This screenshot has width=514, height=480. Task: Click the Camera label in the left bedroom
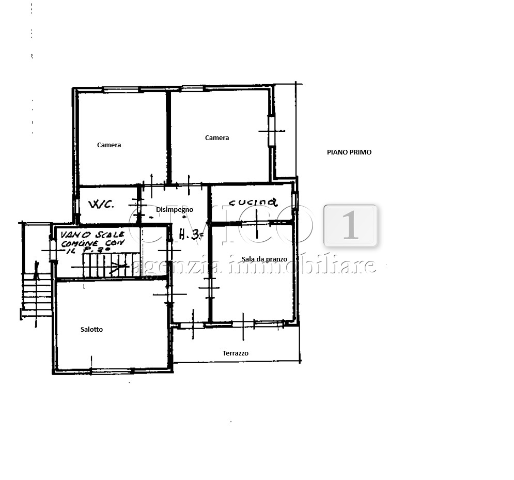coord(109,145)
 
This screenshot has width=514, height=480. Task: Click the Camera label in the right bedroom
coord(217,138)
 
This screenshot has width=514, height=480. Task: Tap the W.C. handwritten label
coord(101,205)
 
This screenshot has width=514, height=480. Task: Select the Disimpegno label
coord(175,210)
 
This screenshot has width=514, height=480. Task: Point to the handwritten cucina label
coord(253,202)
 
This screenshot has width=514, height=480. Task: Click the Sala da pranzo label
coord(264,259)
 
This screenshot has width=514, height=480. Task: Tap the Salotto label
coord(91,330)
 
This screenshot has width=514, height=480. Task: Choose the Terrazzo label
coord(236,353)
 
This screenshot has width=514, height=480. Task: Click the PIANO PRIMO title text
coord(349,152)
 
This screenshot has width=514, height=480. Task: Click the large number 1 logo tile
coord(350,225)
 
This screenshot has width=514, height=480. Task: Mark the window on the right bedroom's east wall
coord(272,130)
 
